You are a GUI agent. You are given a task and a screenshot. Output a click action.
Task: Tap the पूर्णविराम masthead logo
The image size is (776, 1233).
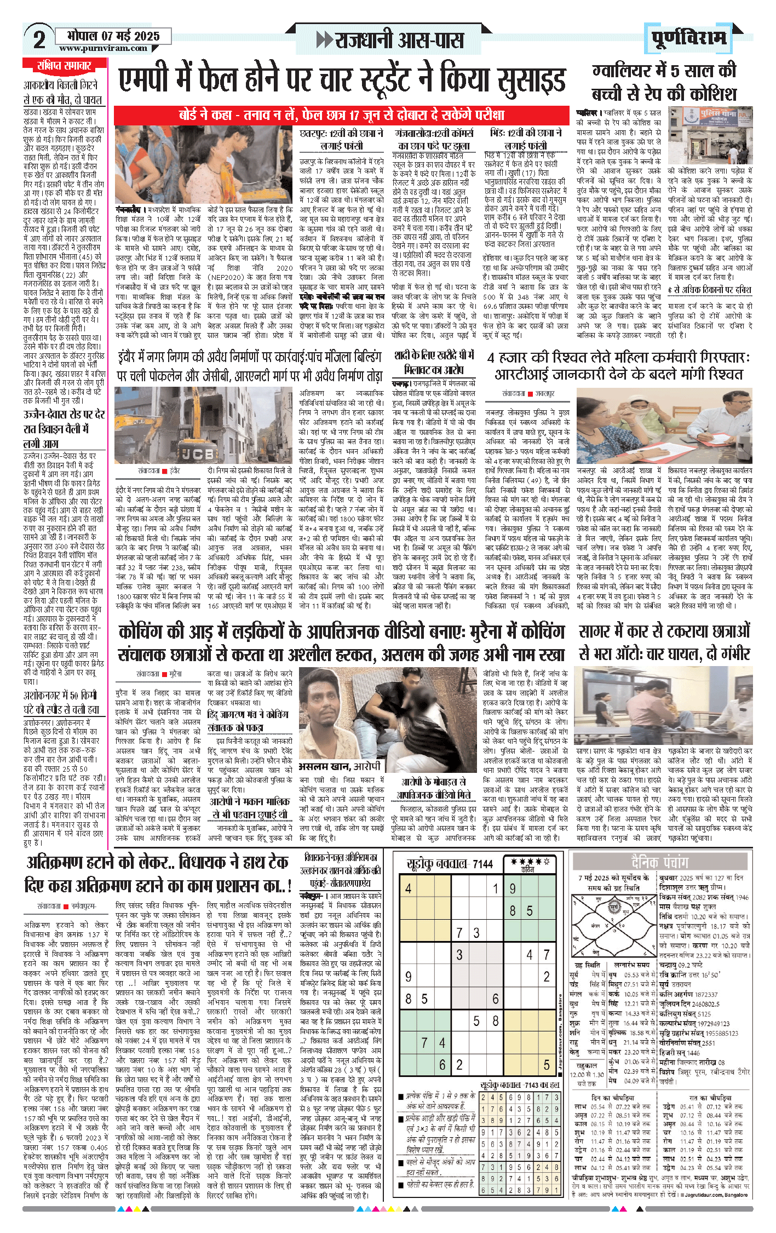click(x=688, y=38)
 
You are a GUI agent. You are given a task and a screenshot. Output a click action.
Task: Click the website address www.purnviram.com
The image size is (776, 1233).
click(x=103, y=48)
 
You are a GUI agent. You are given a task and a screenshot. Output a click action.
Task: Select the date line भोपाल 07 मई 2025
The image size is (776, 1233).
click(x=113, y=36)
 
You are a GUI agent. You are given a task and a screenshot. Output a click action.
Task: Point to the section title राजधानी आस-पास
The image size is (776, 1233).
click(x=391, y=40)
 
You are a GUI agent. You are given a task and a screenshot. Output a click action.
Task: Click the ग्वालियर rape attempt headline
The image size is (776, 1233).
click(x=664, y=83)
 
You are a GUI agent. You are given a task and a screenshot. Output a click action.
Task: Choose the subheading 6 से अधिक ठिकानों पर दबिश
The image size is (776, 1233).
click(x=709, y=290)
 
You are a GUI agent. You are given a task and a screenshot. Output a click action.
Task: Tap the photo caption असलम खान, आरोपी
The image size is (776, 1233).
click(x=340, y=766)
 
